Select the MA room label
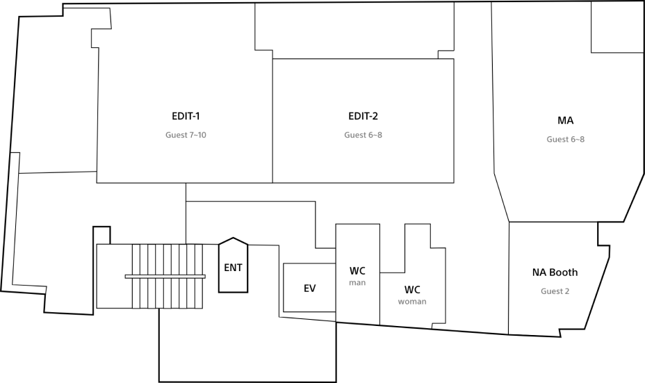(x=565, y=121)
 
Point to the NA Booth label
(x=555, y=272)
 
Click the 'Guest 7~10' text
(x=186, y=135)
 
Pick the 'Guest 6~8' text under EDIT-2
(x=363, y=135)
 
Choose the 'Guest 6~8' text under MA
(x=565, y=139)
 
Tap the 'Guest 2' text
(x=555, y=291)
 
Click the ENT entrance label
(x=234, y=267)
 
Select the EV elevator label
(x=310, y=288)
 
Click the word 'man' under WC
(x=357, y=283)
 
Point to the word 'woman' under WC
(x=412, y=302)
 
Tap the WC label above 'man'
(x=357, y=270)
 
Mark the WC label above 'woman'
(x=412, y=289)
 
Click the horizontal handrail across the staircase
(x=165, y=276)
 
